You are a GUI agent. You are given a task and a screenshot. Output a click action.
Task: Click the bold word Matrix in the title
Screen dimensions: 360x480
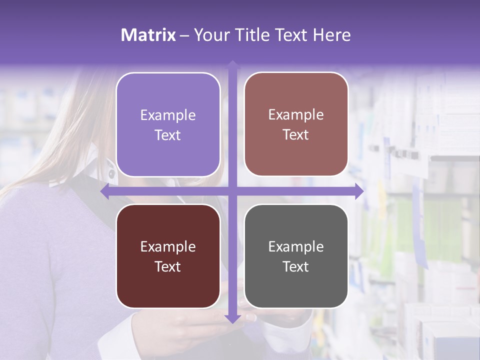(x=148, y=35)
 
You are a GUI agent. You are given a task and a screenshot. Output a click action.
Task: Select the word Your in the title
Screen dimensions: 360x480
(x=210, y=35)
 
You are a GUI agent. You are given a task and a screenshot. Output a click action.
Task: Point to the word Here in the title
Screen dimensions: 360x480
(x=332, y=35)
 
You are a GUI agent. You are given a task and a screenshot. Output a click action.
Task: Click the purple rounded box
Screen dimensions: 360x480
(x=168, y=124)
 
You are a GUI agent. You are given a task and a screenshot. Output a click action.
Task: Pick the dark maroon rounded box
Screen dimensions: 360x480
(x=168, y=256)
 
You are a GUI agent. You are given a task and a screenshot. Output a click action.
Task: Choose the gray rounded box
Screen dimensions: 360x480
(x=296, y=256)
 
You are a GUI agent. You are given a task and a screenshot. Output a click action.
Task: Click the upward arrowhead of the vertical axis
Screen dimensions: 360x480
(x=232, y=64)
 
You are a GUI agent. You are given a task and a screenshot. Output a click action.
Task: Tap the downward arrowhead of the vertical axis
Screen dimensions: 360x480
(x=232, y=318)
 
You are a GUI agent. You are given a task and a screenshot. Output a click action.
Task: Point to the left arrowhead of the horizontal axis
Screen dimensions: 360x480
(x=105, y=191)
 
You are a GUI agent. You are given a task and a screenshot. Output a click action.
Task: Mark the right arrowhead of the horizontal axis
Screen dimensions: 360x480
(x=359, y=191)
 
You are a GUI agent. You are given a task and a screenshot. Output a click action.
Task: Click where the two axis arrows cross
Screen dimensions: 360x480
(x=232, y=191)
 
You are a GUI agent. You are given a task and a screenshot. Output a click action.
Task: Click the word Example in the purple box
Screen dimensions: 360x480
(x=168, y=115)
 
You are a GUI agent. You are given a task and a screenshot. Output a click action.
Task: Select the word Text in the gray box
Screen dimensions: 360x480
(x=296, y=266)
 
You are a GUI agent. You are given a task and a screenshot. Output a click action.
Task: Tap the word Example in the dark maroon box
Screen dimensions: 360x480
(x=168, y=246)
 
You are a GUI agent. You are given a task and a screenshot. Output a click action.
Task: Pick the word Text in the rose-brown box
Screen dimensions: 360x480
(x=296, y=134)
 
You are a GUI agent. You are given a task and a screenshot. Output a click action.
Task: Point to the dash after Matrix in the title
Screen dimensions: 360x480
(x=184, y=35)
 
